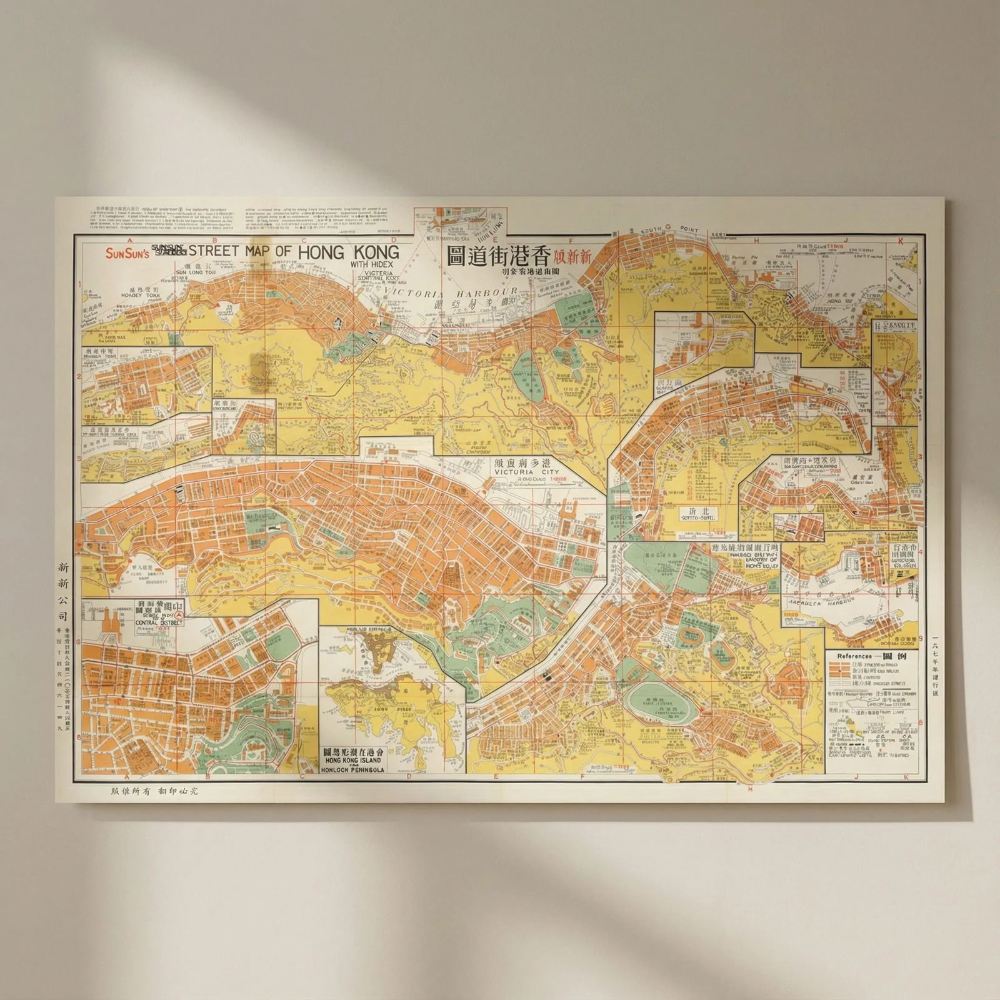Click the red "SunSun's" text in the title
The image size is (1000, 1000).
pyautogui.click(x=124, y=253)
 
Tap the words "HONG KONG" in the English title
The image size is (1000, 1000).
pyautogui.click(x=349, y=252)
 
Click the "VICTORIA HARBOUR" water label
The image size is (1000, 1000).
pyautogui.click(x=451, y=292)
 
